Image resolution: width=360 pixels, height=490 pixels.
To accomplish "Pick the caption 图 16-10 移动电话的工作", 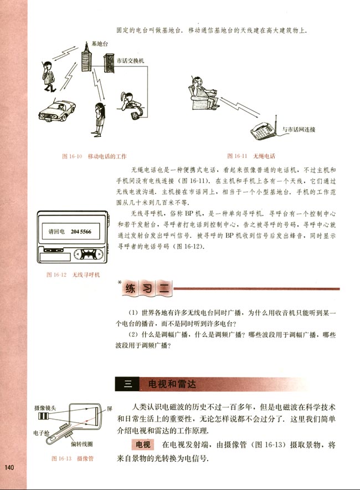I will click(x=94, y=156).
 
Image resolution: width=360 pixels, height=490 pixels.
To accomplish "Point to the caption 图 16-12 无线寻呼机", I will click(x=73, y=275).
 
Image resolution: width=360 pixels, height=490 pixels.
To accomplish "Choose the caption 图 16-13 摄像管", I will click(x=72, y=459).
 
